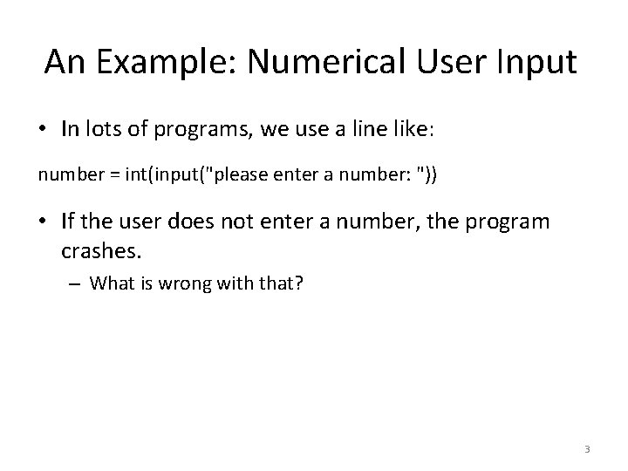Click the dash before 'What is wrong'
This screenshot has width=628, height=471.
click(76, 283)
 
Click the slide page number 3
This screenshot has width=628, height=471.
click(587, 449)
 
